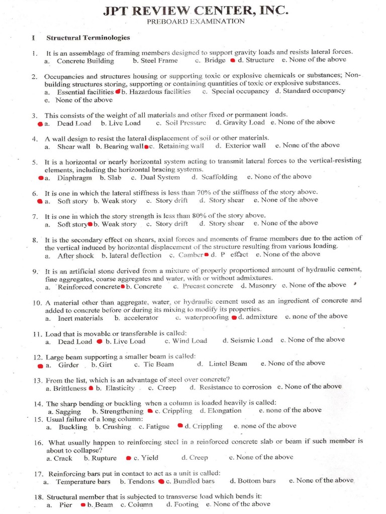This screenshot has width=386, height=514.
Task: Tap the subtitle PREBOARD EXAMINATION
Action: pyautogui.click(x=196, y=22)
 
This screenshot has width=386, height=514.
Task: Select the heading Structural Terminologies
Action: pyautogui.click(x=88, y=38)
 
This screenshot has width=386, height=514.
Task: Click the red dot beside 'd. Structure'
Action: pyautogui.click(x=233, y=61)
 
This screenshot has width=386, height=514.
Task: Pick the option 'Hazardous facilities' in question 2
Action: pyautogui.click(x=159, y=92)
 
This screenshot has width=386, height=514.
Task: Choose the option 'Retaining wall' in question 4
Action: pyautogui.click(x=181, y=146)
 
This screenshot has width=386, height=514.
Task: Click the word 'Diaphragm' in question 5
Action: pyautogui.click(x=74, y=177)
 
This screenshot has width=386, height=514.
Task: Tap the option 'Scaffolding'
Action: pyautogui.click(x=219, y=177)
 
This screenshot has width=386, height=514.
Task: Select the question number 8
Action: pyautogui.click(x=35, y=240)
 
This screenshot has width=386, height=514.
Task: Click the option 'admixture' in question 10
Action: pyautogui.click(x=261, y=317)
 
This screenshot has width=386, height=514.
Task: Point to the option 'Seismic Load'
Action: pyautogui.click(x=251, y=340)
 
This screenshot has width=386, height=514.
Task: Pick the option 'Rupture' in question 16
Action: pyautogui.click(x=104, y=458)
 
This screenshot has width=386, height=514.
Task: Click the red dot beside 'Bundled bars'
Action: pyautogui.click(x=161, y=482)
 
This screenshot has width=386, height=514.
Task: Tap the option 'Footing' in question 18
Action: pyautogui.click(x=186, y=504)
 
